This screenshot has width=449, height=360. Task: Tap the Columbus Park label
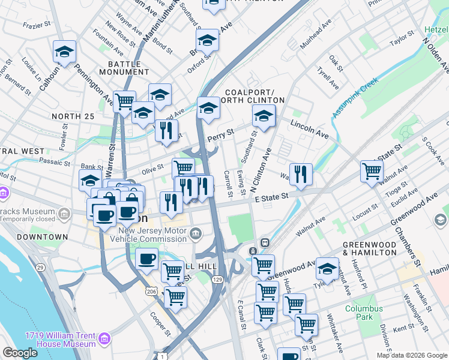click(x=363, y=313)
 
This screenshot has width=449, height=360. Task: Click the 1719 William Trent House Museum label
click(x=60, y=340)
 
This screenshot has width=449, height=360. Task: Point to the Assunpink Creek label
click(x=355, y=98)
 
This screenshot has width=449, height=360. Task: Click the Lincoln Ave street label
click(x=310, y=127)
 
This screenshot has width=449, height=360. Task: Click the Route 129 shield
click(x=218, y=280)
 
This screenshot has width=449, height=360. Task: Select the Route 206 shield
click(x=152, y=291)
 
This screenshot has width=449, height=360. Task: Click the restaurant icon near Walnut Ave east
click(x=301, y=174)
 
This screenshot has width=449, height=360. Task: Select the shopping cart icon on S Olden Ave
click(x=372, y=170)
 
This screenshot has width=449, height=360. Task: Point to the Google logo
click(x=20, y=353)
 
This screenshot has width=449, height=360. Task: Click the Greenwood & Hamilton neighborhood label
click(x=370, y=248)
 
